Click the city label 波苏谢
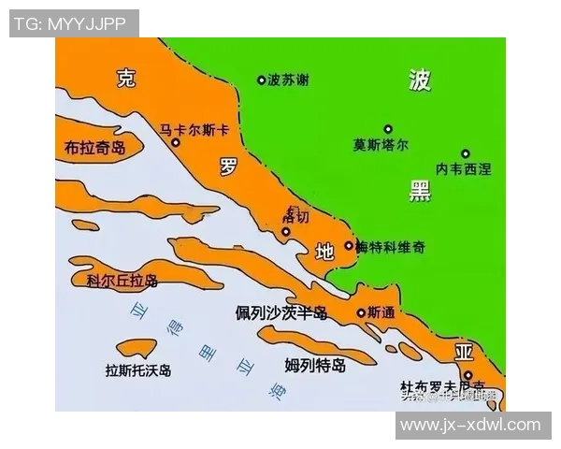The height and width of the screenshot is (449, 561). [x=287, y=80]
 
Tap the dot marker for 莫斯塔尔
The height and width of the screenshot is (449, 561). [x=388, y=129]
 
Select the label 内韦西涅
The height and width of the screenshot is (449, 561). [x=463, y=169]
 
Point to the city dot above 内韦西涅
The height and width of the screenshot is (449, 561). [x=465, y=153]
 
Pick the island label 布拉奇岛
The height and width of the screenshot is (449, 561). [x=94, y=148]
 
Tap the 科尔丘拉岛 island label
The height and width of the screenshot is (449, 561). [x=122, y=281]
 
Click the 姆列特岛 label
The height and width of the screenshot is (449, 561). [x=315, y=364]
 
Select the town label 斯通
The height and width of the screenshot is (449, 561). [x=381, y=312]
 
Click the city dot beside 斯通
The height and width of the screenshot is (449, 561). [x=361, y=313]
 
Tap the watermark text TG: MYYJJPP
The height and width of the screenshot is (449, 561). [x=73, y=23]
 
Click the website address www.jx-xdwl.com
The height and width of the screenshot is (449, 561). [x=470, y=425]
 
